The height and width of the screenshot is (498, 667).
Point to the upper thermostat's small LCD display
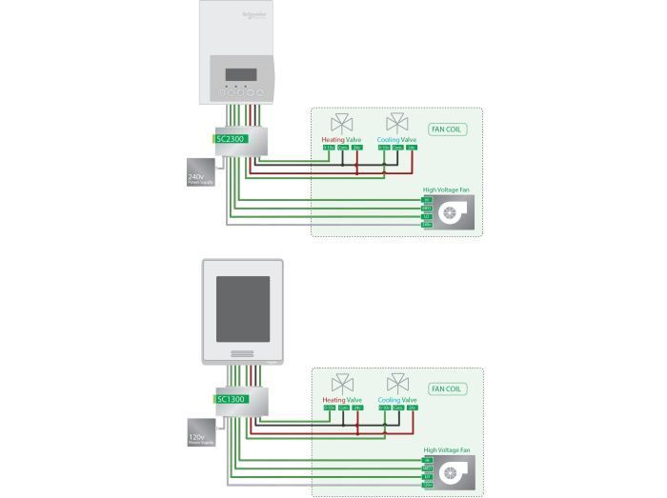237,76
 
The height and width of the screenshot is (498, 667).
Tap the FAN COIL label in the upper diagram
447,129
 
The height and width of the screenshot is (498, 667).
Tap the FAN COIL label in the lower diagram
447,388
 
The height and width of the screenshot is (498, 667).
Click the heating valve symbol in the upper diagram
341,124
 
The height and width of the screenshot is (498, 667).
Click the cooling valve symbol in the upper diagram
396,124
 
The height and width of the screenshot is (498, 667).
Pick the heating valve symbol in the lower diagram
341,384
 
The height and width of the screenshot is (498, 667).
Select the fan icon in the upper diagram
451,214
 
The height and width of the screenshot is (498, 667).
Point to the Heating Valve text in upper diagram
342,139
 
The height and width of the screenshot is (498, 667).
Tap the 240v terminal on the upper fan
427,224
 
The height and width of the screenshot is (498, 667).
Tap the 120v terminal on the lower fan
427,485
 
